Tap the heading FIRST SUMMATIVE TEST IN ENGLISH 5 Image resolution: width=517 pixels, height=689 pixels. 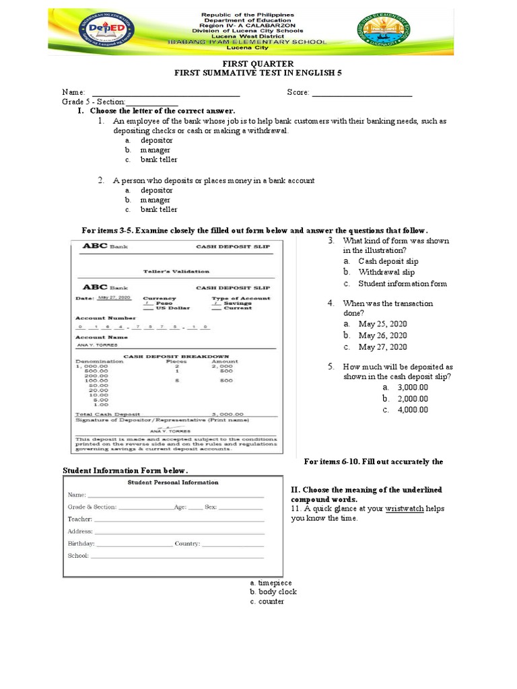coord(258,73)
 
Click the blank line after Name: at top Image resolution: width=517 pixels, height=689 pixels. coord(165,93)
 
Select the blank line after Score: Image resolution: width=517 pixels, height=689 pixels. coord(362,93)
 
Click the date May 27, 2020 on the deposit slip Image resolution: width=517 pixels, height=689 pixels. coord(114,297)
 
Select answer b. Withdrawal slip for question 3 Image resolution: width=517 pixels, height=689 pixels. coord(386,273)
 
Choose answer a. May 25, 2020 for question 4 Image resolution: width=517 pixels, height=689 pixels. coord(382,324)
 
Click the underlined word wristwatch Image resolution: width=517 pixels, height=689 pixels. coord(404,509)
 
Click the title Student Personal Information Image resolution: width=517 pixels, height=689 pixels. coord(173,482)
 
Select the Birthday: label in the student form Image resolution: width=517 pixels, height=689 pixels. coord(81,544)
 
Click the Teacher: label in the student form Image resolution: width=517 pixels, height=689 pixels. coord(79,519)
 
